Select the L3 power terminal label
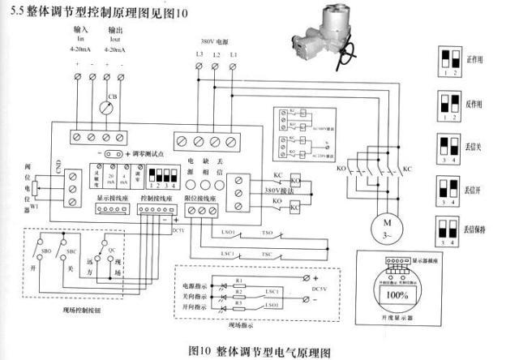[x=199, y=54]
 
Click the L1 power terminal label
[x=234, y=54]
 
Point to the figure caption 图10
[x=199, y=351]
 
